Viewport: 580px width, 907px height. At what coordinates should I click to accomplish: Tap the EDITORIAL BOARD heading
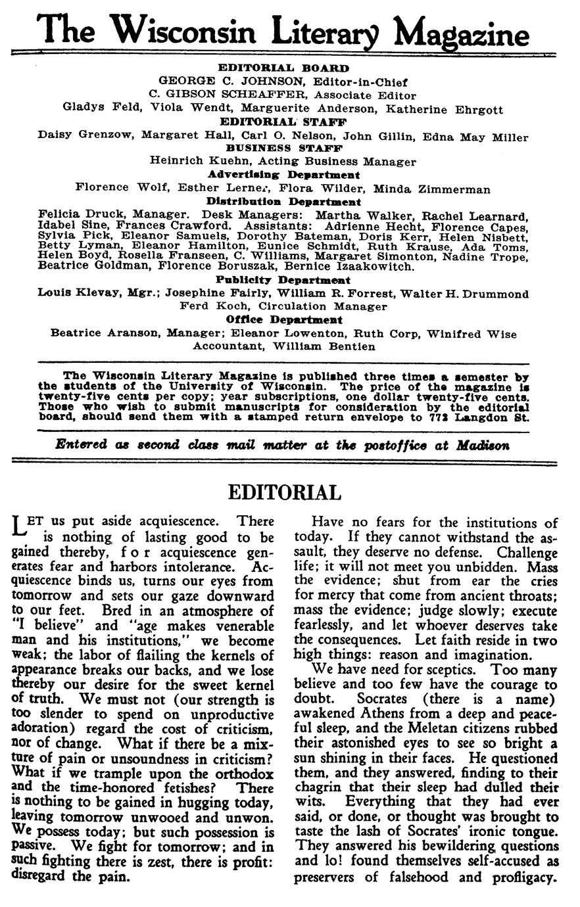pyautogui.click(x=283, y=68)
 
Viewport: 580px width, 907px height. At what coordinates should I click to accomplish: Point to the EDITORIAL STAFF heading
pyautogui.click(x=283, y=122)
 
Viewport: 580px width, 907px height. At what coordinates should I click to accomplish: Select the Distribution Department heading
pyautogui.click(x=283, y=202)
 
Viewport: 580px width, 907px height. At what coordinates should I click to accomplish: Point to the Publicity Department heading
pyautogui.click(x=283, y=279)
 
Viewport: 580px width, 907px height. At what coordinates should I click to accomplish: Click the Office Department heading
pyautogui.click(x=283, y=319)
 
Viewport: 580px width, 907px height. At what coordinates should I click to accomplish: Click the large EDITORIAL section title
pyautogui.click(x=284, y=493)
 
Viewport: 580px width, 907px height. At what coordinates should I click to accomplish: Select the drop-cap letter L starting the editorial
pyautogui.click(x=18, y=526)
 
